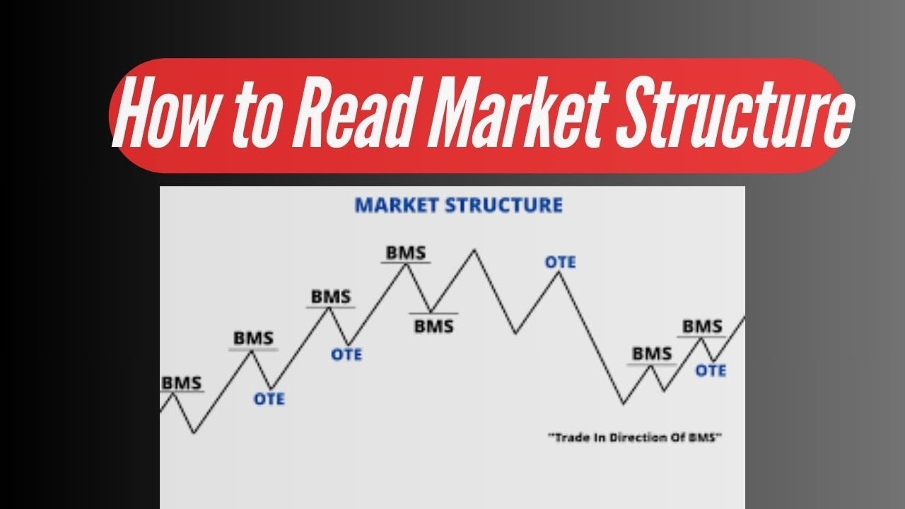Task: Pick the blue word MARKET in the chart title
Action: pos(397,206)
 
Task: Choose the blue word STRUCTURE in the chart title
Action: pos(505,206)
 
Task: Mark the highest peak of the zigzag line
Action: pos(474,250)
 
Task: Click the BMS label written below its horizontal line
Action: pos(433,327)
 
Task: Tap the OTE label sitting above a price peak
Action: pos(560,262)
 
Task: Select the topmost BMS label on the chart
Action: pos(405,252)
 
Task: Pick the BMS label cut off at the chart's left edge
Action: pos(181,382)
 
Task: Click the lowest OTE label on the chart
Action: pos(269,399)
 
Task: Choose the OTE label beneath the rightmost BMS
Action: pos(710,370)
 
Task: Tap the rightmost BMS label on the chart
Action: pos(702,327)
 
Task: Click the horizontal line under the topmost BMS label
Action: pos(405,263)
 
